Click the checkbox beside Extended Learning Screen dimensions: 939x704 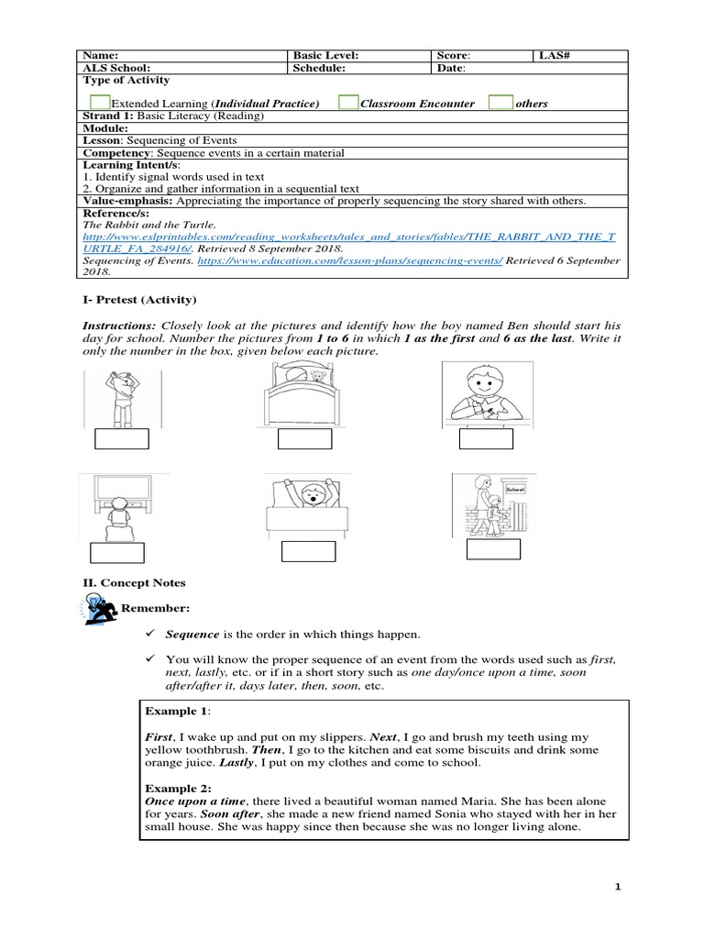[101, 102]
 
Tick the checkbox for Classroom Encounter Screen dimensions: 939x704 [347, 102]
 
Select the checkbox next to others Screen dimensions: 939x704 [500, 102]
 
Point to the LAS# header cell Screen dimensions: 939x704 [554, 55]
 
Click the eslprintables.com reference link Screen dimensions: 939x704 [348, 236]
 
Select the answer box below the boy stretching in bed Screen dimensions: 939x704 [308, 551]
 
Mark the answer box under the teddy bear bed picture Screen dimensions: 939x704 [305, 439]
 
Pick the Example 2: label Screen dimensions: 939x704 [178, 788]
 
